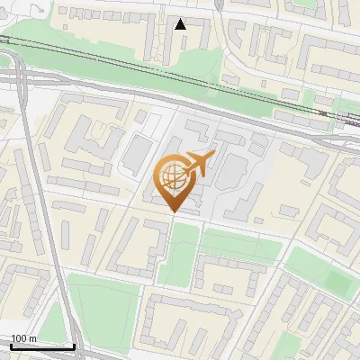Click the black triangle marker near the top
pyautogui.click(x=181, y=23)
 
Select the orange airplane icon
pyautogui.click(x=198, y=164)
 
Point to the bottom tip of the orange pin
pyautogui.click(x=174, y=211)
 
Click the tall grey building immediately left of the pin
pyautogui.click(x=134, y=156)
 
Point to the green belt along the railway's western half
pyautogui.click(x=81, y=56)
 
